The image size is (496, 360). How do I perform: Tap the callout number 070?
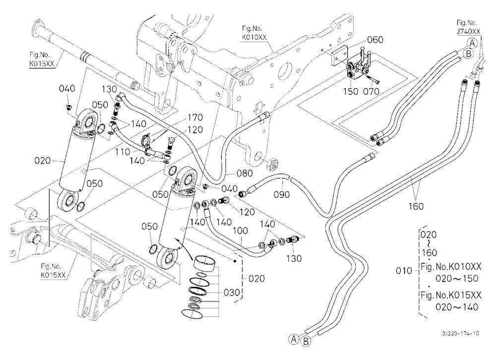coord(372,91)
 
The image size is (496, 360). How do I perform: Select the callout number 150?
coord(351,91)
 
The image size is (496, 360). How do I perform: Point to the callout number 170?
coord(195,118)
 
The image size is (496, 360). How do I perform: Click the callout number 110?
coord(123,152)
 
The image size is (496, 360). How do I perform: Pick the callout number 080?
coord(245,173)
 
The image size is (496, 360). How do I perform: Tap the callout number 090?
coord(282,194)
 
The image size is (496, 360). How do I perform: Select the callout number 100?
coord(240,231)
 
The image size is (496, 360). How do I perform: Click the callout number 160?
coord(416,206)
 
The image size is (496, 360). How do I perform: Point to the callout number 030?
coord(232,292)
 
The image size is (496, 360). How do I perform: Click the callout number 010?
coord(404,271)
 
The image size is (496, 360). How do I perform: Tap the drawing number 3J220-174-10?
coord(461,333)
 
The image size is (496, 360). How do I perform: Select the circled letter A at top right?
coord(472,43)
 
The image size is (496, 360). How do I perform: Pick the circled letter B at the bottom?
coord(306,342)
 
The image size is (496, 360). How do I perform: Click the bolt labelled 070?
coord(373,79)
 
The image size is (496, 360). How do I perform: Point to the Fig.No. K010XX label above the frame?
coord(254,33)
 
